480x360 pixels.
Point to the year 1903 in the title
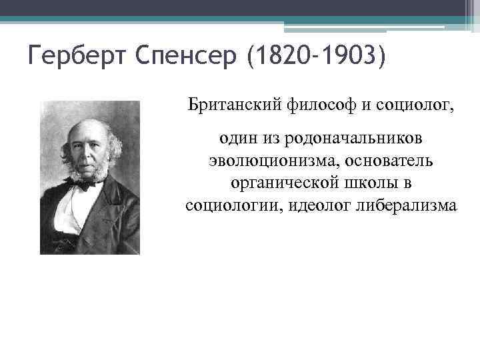[x=347, y=57]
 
